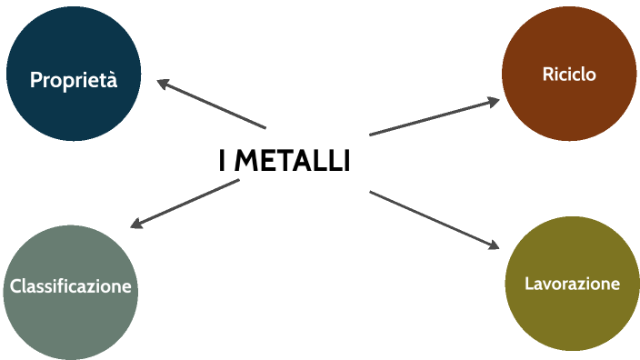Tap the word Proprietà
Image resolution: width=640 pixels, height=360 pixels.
coord(74,80)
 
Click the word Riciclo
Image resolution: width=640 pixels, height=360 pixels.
coord(569,75)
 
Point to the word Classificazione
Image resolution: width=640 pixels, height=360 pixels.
coord(71,287)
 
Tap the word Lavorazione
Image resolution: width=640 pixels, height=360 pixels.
coord(572,284)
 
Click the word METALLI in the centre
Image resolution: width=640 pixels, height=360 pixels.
coord(293,161)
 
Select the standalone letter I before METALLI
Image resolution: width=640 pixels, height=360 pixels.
coord(223,161)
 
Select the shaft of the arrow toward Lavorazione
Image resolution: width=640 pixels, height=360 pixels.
coord(432,218)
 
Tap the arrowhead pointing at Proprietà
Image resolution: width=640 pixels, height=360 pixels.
coord(163,84)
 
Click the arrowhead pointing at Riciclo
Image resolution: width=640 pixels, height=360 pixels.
coord(494,101)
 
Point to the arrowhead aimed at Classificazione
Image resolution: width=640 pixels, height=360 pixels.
coord(136,224)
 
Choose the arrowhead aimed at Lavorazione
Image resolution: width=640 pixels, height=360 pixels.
coord(494,245)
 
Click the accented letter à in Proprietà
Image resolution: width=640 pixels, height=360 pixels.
coord(112,80)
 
